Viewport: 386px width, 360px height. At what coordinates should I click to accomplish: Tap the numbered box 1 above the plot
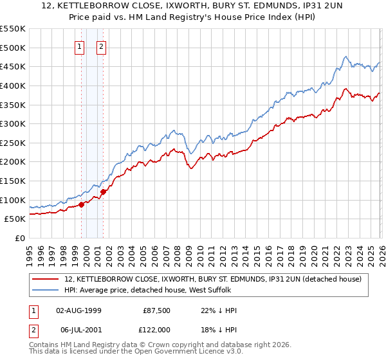coord(80,46)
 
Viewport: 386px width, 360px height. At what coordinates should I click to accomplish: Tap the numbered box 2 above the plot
coord(102,46)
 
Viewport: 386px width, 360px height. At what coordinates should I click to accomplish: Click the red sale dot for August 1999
coord(81,205)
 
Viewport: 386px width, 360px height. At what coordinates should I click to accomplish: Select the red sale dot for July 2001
coord(103,192)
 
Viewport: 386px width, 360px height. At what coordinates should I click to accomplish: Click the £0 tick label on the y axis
coord(21,238)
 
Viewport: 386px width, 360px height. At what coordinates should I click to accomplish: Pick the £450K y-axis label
coord(13,66)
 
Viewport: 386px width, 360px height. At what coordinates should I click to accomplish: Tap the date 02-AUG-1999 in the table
coord(78,310)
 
